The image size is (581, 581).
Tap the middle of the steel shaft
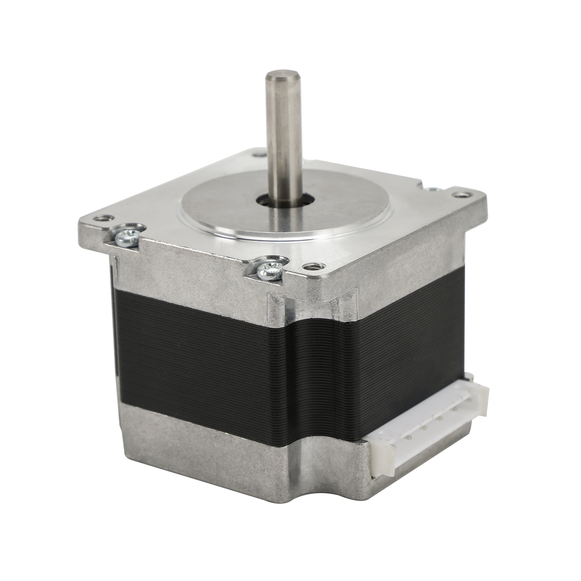click(284, 138)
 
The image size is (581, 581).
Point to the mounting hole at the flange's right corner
click(462, 195)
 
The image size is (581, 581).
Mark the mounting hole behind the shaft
click(259, 155)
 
